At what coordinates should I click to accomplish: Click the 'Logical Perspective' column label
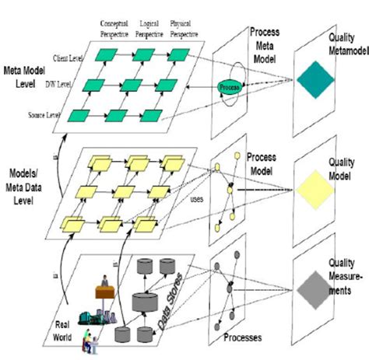150,29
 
